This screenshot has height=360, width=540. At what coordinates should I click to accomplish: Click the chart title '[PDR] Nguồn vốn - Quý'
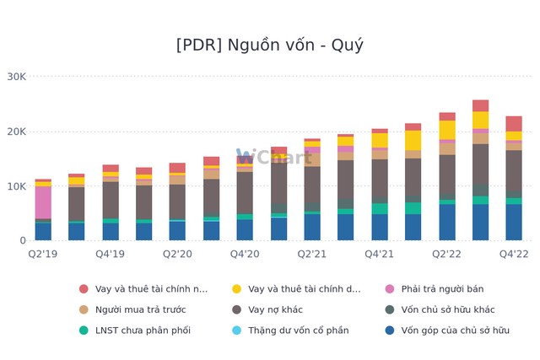[270, 46]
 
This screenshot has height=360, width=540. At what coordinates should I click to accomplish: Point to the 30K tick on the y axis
[16, 77]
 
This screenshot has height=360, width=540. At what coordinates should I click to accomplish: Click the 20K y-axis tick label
[16, 132]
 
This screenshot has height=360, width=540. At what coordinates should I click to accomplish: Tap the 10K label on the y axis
[16, 186]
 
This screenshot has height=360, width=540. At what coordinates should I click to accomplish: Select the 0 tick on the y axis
[23, 241]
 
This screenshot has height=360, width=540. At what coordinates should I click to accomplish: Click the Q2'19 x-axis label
[43, 254]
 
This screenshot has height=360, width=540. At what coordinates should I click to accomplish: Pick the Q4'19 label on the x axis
[111, 254]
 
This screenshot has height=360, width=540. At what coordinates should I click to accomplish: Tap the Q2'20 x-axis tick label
[177, 254]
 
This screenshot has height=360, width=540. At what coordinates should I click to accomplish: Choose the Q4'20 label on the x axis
[245, 254]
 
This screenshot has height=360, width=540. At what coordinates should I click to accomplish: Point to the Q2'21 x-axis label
[312, 254]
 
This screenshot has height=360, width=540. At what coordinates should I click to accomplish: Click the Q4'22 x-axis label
[514, 254]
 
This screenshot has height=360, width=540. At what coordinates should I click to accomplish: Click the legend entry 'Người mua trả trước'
[140, 309]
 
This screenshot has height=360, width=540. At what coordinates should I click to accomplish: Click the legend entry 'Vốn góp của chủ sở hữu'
[455, 330]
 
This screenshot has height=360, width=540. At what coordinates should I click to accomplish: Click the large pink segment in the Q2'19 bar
[43, 202]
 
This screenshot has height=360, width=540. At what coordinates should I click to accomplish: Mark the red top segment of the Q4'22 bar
[514, 124]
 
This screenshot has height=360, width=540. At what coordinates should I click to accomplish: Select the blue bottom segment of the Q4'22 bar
[514, 223]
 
